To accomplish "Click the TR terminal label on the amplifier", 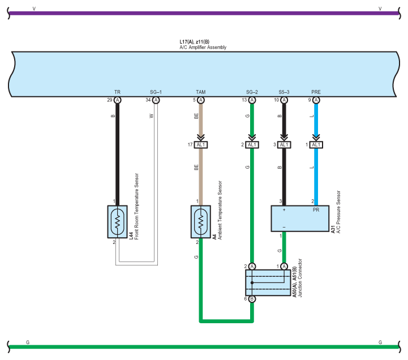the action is coord(117,92).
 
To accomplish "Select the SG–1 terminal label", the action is coord(156,92).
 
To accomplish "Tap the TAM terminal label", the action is coord(201,92).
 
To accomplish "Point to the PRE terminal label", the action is coord(316,92).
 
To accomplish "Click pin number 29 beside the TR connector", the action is coord(110,100).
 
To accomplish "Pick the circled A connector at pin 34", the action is coord(156,100).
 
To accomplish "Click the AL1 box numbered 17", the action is coord(201,145).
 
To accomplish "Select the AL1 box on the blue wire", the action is coord(316,145).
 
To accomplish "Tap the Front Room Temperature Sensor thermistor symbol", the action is coord(117,222).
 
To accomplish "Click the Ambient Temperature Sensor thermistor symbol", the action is coord(201,222).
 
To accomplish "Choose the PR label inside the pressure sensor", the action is coord(316,210).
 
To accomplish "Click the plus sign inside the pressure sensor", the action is coord(284,210).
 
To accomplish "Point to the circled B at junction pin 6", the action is coord(252,299).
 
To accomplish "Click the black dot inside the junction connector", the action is coord(252,282).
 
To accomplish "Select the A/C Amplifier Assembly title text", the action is coord(203,48).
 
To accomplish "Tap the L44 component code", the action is coord(131,236).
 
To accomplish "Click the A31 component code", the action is coord(333,230).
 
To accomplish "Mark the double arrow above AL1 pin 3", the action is coord(284,137).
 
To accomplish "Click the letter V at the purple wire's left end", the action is coord(34,9).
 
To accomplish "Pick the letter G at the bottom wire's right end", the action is coord(380,342).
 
